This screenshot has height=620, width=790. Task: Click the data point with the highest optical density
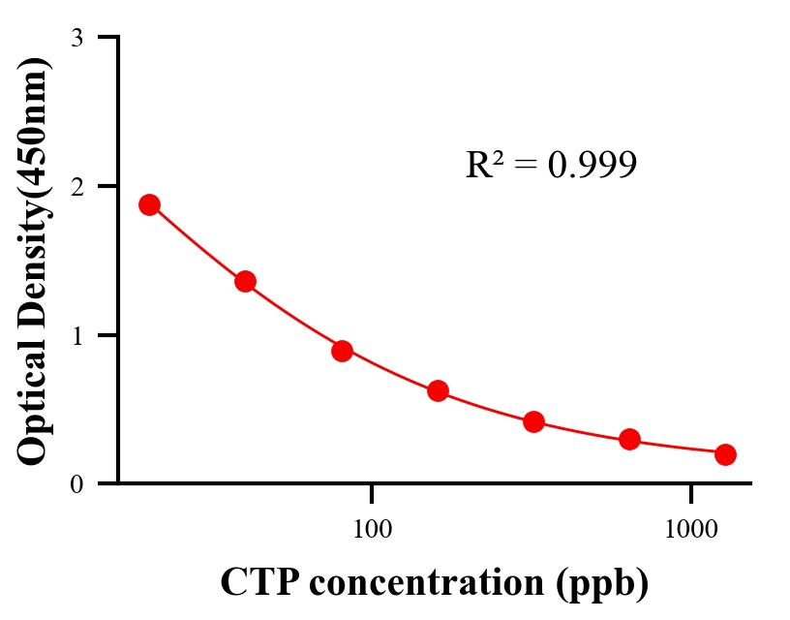tap(149, 204)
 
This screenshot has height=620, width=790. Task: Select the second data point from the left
tap(245, 282)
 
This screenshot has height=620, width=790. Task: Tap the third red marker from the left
tap(342, 351)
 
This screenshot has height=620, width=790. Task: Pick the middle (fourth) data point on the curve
tap(438, 391)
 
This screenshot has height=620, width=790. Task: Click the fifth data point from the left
tap(533, 421)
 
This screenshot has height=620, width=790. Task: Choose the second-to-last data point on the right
tap(629, 440)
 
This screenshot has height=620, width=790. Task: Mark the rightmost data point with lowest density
tap(725, 454)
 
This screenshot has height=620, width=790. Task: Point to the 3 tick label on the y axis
tap(76, 38)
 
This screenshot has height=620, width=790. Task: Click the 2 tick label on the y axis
tap(76, 186)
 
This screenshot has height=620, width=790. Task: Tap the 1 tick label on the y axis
tap(76, 335)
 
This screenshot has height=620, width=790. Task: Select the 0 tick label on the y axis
tap(76, 483)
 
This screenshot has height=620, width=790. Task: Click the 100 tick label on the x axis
tap(372, 530)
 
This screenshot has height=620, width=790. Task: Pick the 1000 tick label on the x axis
tap(691, 530)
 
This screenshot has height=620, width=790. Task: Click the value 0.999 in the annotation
tap(592, 165)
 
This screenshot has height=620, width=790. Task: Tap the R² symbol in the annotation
tap(484, 165)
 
